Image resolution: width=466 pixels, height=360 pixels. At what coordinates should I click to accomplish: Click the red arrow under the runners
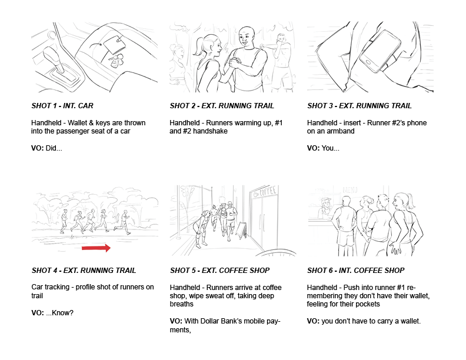coord(96,248)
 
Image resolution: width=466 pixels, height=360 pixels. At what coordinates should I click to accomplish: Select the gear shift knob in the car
coord(52,55)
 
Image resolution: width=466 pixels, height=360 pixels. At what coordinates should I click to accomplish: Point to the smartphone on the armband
coord(380,51)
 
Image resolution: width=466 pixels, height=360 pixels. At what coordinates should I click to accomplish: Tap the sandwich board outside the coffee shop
coord(242,230)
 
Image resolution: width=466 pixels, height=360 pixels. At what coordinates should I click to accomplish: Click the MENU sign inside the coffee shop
coord(350,190)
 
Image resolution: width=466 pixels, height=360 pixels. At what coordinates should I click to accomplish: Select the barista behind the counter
coord(325,208)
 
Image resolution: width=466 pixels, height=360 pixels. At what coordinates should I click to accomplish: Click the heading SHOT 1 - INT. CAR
coord(62,106)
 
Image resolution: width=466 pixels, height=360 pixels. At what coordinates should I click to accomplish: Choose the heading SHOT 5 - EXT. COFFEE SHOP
coord(219,271)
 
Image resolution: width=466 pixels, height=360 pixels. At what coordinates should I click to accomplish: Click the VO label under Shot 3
coord(313,148)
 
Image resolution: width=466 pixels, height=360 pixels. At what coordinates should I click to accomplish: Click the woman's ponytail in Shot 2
coord(198,46)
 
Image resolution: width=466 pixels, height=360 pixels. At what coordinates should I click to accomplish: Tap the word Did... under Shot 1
coord(54,148)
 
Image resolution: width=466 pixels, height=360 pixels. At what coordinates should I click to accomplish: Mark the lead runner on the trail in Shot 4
coord(123,222)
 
